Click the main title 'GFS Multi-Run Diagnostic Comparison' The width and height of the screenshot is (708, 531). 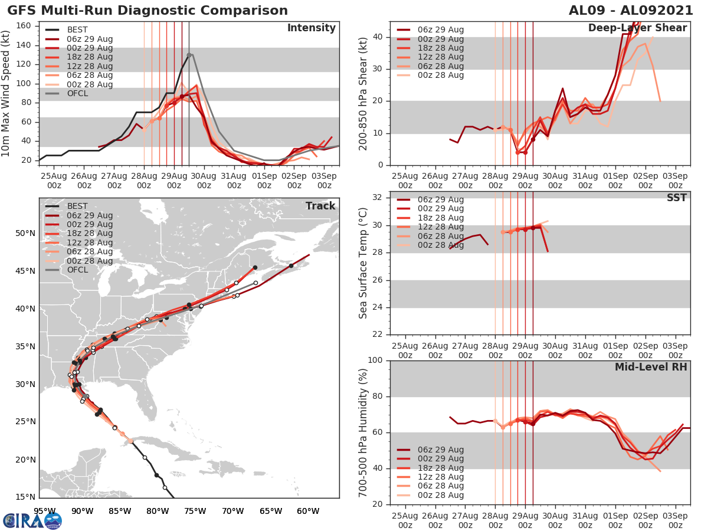147,11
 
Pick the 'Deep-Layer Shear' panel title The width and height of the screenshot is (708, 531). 637,28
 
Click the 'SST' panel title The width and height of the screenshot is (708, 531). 677,198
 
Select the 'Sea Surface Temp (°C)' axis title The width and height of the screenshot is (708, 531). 363,264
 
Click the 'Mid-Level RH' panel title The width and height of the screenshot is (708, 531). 651,368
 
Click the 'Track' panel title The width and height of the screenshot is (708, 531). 320,206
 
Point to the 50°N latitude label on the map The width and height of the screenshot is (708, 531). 25,233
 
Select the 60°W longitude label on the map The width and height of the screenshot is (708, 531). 308,511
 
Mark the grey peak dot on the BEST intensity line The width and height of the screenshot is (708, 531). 189,55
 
